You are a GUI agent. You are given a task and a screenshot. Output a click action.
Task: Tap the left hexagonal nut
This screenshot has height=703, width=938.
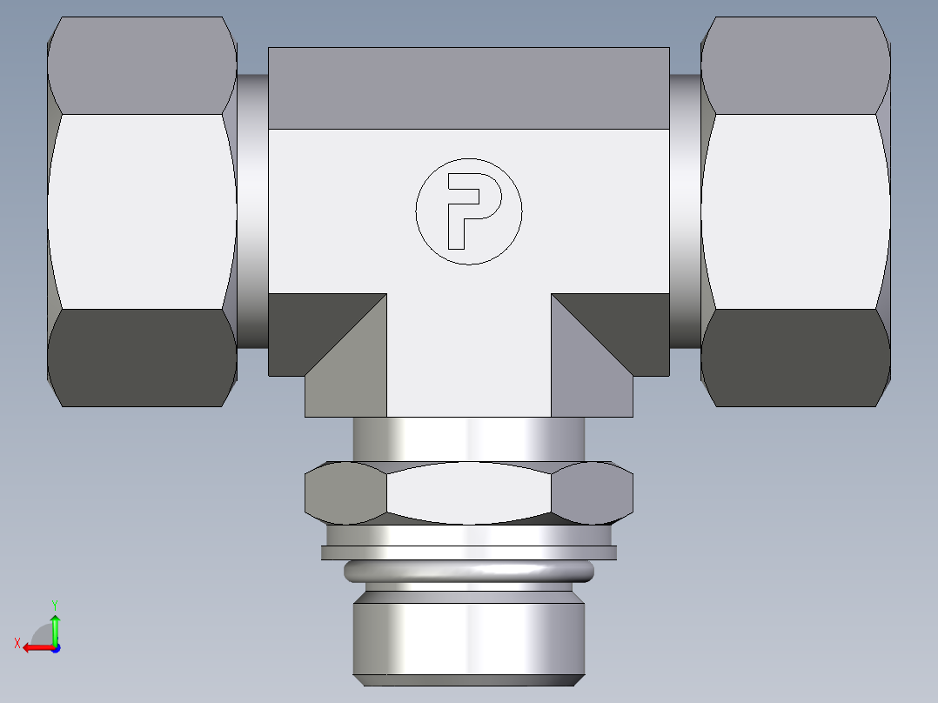[x=142, y=211]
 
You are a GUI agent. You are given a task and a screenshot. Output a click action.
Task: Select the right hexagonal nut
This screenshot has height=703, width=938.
[x=795, y=211]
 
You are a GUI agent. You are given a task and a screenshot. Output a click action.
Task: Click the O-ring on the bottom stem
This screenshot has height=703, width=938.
[x=469, y=571]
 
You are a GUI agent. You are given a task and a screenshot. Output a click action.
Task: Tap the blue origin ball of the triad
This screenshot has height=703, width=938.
[x=55, y=647]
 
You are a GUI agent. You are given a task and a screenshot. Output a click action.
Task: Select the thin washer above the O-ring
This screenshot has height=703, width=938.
[x=469, y=552]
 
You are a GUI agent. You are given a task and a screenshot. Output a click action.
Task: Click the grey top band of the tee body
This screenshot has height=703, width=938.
[x=469, y=88]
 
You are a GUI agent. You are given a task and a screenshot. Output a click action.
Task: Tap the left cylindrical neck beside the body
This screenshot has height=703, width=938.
[x=251, y=211]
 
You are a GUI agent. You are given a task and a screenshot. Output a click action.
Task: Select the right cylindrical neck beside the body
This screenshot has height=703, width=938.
[x=686, y=211]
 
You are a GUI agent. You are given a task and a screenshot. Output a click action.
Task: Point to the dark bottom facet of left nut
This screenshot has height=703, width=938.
[x=142, y=357]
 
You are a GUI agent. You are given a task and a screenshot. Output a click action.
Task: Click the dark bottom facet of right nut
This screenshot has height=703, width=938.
[x=795, y=357]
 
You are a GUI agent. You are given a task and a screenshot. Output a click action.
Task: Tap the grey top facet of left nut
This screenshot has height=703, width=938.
[x=142, y=65]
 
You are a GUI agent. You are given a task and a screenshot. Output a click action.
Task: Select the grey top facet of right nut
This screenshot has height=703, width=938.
[x=795, y=65]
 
